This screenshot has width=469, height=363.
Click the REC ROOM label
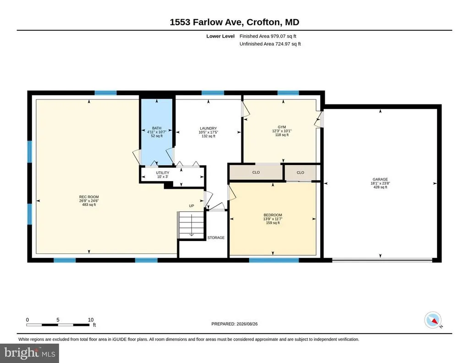pos(89,197)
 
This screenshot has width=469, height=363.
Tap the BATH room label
pos(157,128)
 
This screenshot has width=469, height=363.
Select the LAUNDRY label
pos(208,128)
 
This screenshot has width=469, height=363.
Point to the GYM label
pos(282,127)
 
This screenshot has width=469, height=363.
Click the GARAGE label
pos(380,179)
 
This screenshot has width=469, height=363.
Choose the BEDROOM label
pos(273,215)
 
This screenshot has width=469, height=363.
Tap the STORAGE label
pos(216,237)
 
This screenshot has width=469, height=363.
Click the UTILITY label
pos(163,173)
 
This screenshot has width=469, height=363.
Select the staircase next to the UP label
pos(191,225)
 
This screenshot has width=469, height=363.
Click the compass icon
pos(433,320)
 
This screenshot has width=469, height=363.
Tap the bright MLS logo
pos(29,353)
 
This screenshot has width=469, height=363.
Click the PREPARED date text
pos(234,324)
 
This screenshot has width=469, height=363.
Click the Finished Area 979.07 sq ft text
pos(267,36)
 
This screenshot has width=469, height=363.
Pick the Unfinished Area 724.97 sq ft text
pos(270,44)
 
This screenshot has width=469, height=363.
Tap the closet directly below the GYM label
pos(256,173)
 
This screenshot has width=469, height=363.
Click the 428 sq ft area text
pos(380,187)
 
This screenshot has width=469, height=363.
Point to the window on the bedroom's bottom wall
pos(274,260)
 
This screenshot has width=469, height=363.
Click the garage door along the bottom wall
pos(382,260)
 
